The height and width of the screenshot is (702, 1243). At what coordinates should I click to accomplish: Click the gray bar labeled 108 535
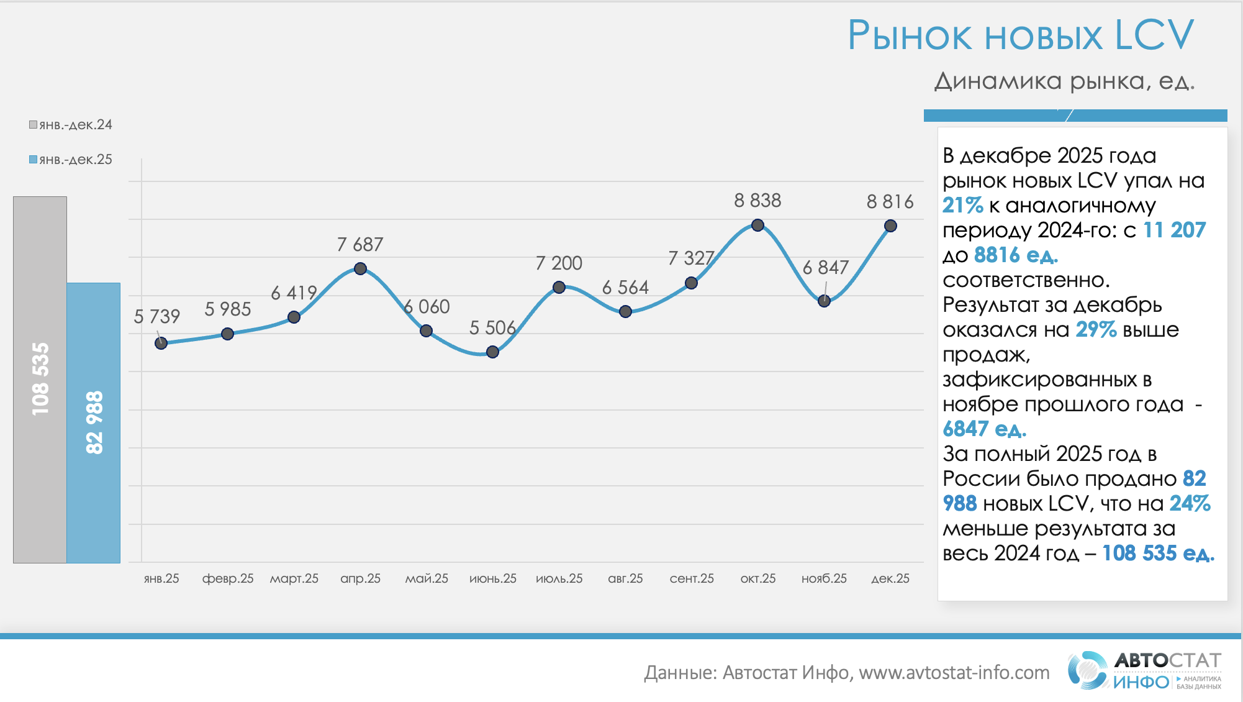point(40,379)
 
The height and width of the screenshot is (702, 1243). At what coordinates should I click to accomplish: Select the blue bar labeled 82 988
point(93,422)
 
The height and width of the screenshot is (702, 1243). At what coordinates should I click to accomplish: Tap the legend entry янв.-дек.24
point(71,125)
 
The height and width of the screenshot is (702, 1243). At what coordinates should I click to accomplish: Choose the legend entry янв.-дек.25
point(71,160)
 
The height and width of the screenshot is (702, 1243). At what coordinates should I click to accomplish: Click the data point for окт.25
point(757,225)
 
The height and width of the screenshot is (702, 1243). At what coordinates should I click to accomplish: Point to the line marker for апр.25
point(360,269)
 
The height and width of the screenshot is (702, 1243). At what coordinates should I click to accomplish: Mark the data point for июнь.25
point(492,352)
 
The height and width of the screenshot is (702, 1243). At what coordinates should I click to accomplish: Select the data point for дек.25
point(890,226)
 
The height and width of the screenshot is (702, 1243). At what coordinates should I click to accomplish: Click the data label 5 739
point(156,317)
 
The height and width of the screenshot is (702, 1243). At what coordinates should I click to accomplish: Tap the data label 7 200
point(559,263)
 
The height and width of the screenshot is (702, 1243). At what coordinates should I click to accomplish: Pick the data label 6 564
point(625,288)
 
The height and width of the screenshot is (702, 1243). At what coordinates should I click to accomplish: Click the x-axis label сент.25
point(692,578)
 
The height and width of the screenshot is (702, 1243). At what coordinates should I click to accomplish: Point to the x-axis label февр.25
point(228,578)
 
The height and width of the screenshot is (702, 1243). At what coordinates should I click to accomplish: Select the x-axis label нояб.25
point(824,578)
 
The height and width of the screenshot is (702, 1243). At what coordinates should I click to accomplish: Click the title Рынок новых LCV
point(1020,35)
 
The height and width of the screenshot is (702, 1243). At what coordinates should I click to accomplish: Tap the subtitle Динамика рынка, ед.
point(1064,81)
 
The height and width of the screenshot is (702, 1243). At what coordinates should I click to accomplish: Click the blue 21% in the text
point(962,205)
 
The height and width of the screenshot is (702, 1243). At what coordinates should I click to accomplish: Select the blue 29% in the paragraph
point(1096,329)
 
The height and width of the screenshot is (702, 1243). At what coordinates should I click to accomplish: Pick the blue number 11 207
point(1174,230)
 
